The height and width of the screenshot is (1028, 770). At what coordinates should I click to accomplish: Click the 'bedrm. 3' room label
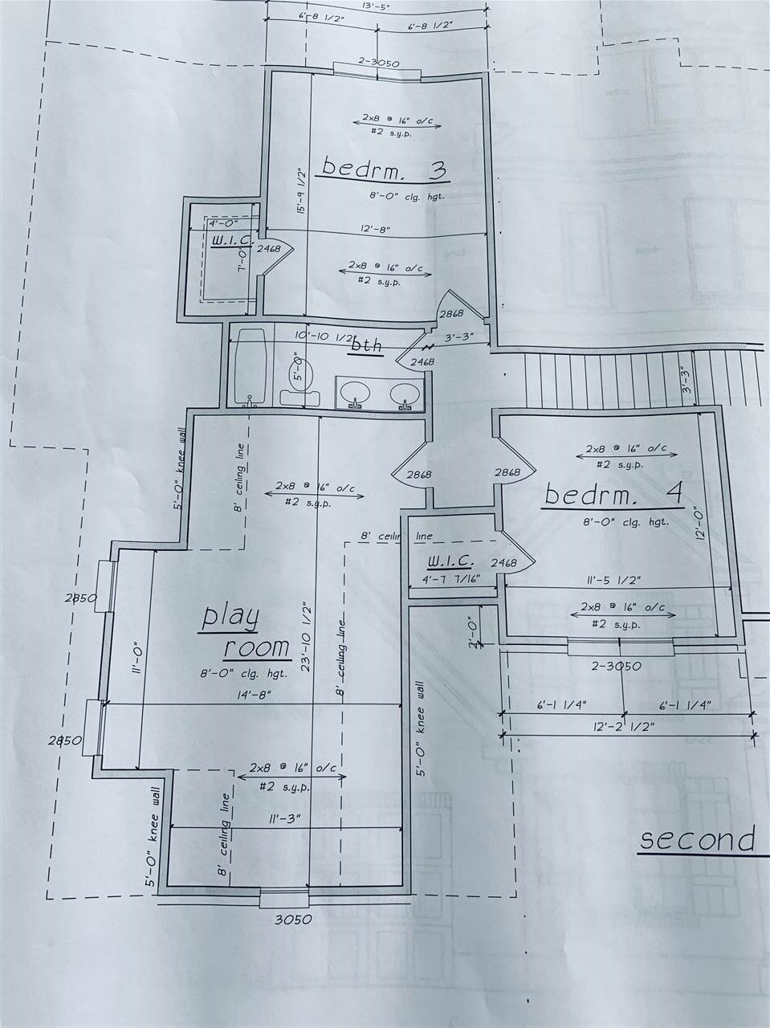pos(383,169)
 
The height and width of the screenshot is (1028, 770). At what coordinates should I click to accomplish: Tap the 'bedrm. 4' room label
pos(613,494)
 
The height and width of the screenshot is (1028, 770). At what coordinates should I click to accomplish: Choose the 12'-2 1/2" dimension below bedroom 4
pos(622,727)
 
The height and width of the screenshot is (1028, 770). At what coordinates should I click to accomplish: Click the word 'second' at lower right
pos(696,841)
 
